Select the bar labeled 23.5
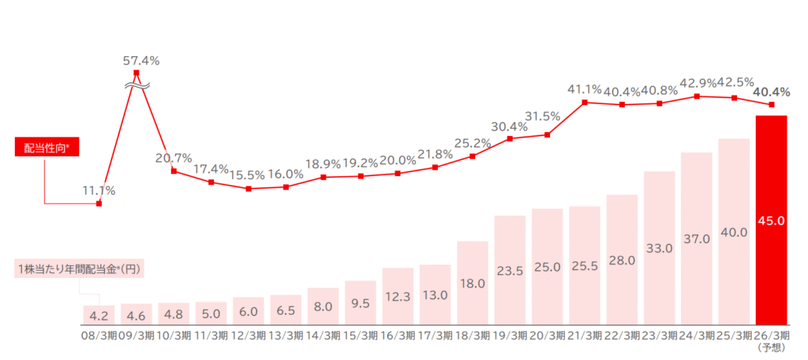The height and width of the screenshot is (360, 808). tap(509, 270)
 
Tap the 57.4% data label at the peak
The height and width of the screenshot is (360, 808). tap(141, 60)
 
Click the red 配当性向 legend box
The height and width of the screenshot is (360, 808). tap(48, 147)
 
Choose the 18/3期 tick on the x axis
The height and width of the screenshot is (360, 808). tap(472, 335)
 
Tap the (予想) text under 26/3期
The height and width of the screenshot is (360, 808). tap(771, 347)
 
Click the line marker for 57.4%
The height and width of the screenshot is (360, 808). tap(137, 74)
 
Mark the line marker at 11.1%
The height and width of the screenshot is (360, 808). tap(99, 204)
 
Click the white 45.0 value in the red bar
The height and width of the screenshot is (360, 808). tap(771, 221)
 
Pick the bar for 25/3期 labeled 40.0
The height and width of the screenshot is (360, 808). tap(734, 233)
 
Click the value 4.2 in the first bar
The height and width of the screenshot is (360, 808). tap(99, 315)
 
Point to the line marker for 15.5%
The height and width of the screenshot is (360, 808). tap(249, 189)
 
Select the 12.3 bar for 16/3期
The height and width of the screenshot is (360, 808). tap(398, 296)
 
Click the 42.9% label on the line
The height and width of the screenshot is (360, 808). tap(696, 83)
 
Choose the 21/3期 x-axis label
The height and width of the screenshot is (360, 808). tap(585, 335)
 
